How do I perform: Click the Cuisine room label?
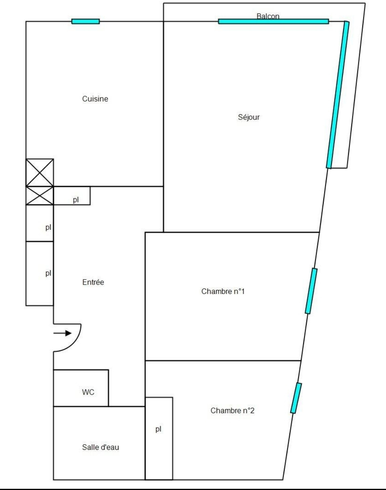pyautogui.click(x=95, y=99)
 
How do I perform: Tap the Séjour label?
pyautogui.click(x=249, y=117)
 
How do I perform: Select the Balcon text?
pyautogui.click(x=268, y=16)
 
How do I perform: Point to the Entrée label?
pyautogui.click(x=93, y=282)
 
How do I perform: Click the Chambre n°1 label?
pyautogui.click(x=223, y=291)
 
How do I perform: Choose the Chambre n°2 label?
pyautogui.click(x=232, y=410)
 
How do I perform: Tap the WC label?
pyautogui.click(x=88, y=392)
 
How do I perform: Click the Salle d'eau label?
pyautogui.click(x=101, y=447)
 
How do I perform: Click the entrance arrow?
pyautogui.click(x=62, y=333)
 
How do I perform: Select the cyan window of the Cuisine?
pyautogui.click(x=86, y=21)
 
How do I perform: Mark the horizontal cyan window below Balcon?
pyautogui.click(x=274, y=21)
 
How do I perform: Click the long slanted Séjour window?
pyautogui.click(x=338, y=95)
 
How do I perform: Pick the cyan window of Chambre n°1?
pyautogui.click(x=311, y=291)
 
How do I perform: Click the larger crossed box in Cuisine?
pyautogui.click(x=39, y=173)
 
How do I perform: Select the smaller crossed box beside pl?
pyautogui.click(x=39, y=196)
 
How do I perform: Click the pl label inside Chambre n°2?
pyautogui.click(x=158, y=429)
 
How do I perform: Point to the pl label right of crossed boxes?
pyautogui.click(x=76, y=200)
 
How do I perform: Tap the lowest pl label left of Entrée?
pyautogui.click(x=48, y=273)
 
